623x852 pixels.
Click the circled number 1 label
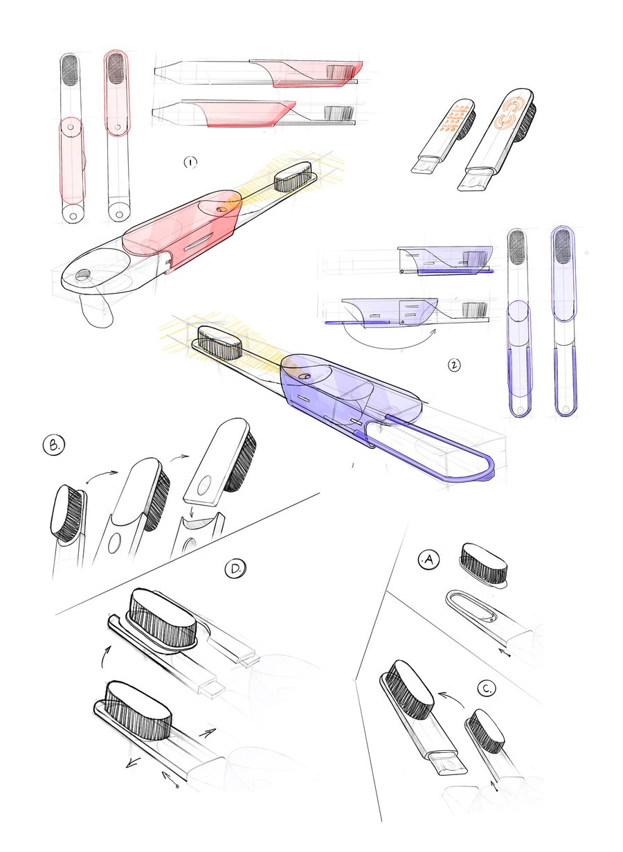pyautogui.click(x=190, y=163)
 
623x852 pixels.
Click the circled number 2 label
pyautogui.click(x=453, y=365)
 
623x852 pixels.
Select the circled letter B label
pyautogui.click(x=54, y=445)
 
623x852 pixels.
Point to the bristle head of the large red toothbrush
pyautogui.click(x=293, y=177)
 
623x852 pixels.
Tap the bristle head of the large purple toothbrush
pyautogui.click(x=219, y=342)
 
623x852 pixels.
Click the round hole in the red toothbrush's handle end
pyautogui.click(x=83, y=274)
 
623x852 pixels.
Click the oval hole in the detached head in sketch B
pyautogui.click(x=204, y=486)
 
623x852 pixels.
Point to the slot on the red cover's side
pyautogui.click(x=198, y=242)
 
